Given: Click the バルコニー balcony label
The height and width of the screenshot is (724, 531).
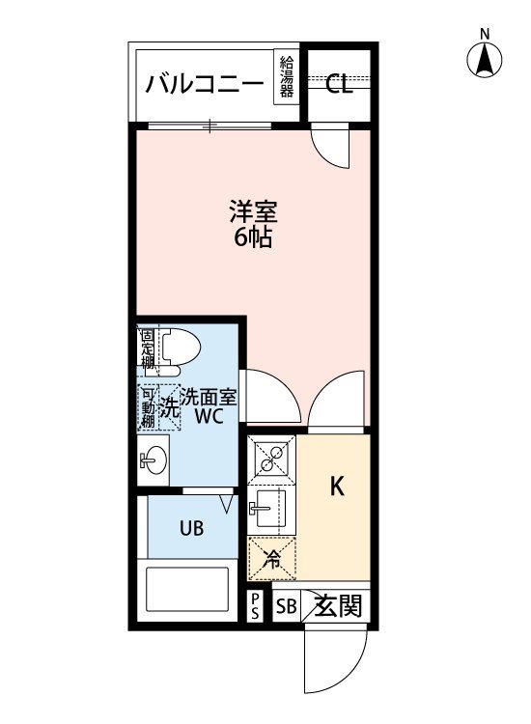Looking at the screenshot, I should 205,85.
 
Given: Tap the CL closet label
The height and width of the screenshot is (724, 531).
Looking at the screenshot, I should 338,85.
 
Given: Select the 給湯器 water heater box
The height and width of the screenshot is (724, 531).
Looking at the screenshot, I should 287,77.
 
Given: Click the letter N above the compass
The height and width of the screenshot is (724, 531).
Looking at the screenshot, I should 485,35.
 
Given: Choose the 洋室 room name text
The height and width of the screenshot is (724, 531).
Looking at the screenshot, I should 250,210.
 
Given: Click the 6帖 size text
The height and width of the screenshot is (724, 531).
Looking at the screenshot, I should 250,237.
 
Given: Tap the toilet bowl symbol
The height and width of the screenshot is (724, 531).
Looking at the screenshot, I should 178,352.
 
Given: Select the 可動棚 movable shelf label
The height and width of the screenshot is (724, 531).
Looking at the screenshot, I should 148,407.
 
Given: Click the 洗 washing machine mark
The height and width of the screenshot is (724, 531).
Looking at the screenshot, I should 169,407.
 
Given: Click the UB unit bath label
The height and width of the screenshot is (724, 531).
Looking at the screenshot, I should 190,529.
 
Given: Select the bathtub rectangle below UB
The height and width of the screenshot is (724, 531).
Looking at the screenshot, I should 186,590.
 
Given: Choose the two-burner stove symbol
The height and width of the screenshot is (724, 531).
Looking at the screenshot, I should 272,459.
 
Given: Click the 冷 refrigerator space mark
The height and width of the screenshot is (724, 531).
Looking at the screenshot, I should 272,557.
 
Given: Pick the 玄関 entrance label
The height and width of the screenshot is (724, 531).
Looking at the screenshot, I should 341,607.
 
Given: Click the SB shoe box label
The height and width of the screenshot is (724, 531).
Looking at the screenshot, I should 286,608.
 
